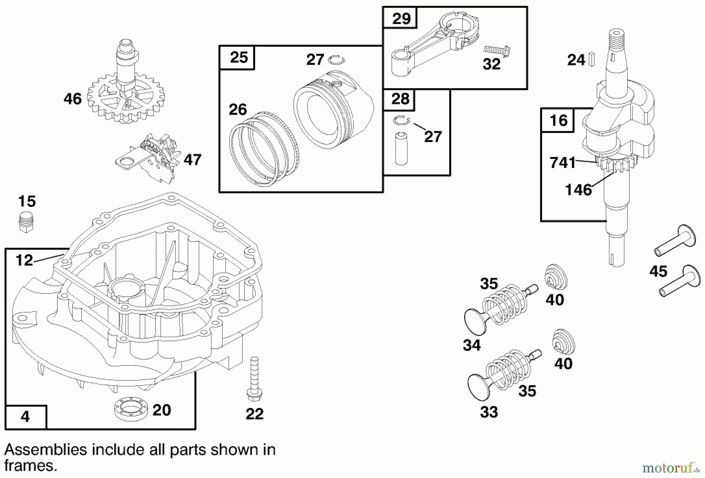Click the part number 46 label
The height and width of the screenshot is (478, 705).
(x=73, y=99)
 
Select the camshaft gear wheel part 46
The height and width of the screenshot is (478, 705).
(x=125, y=98)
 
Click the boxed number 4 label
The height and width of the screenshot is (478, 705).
(x=25, y=417)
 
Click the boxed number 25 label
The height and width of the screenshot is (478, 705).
(x=239, y=58)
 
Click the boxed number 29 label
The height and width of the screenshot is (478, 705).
(x=401, y=18)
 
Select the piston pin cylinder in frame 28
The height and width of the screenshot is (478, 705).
(x=401, y=149)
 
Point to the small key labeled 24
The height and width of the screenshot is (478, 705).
(x=593, y=59)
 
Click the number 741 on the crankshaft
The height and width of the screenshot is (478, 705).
(x=563, y=162)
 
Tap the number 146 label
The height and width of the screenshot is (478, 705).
(x=578, y=190)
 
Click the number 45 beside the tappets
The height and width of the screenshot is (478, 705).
(x=658, y=271)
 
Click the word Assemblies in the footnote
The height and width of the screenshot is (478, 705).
(x=45, y=449)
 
